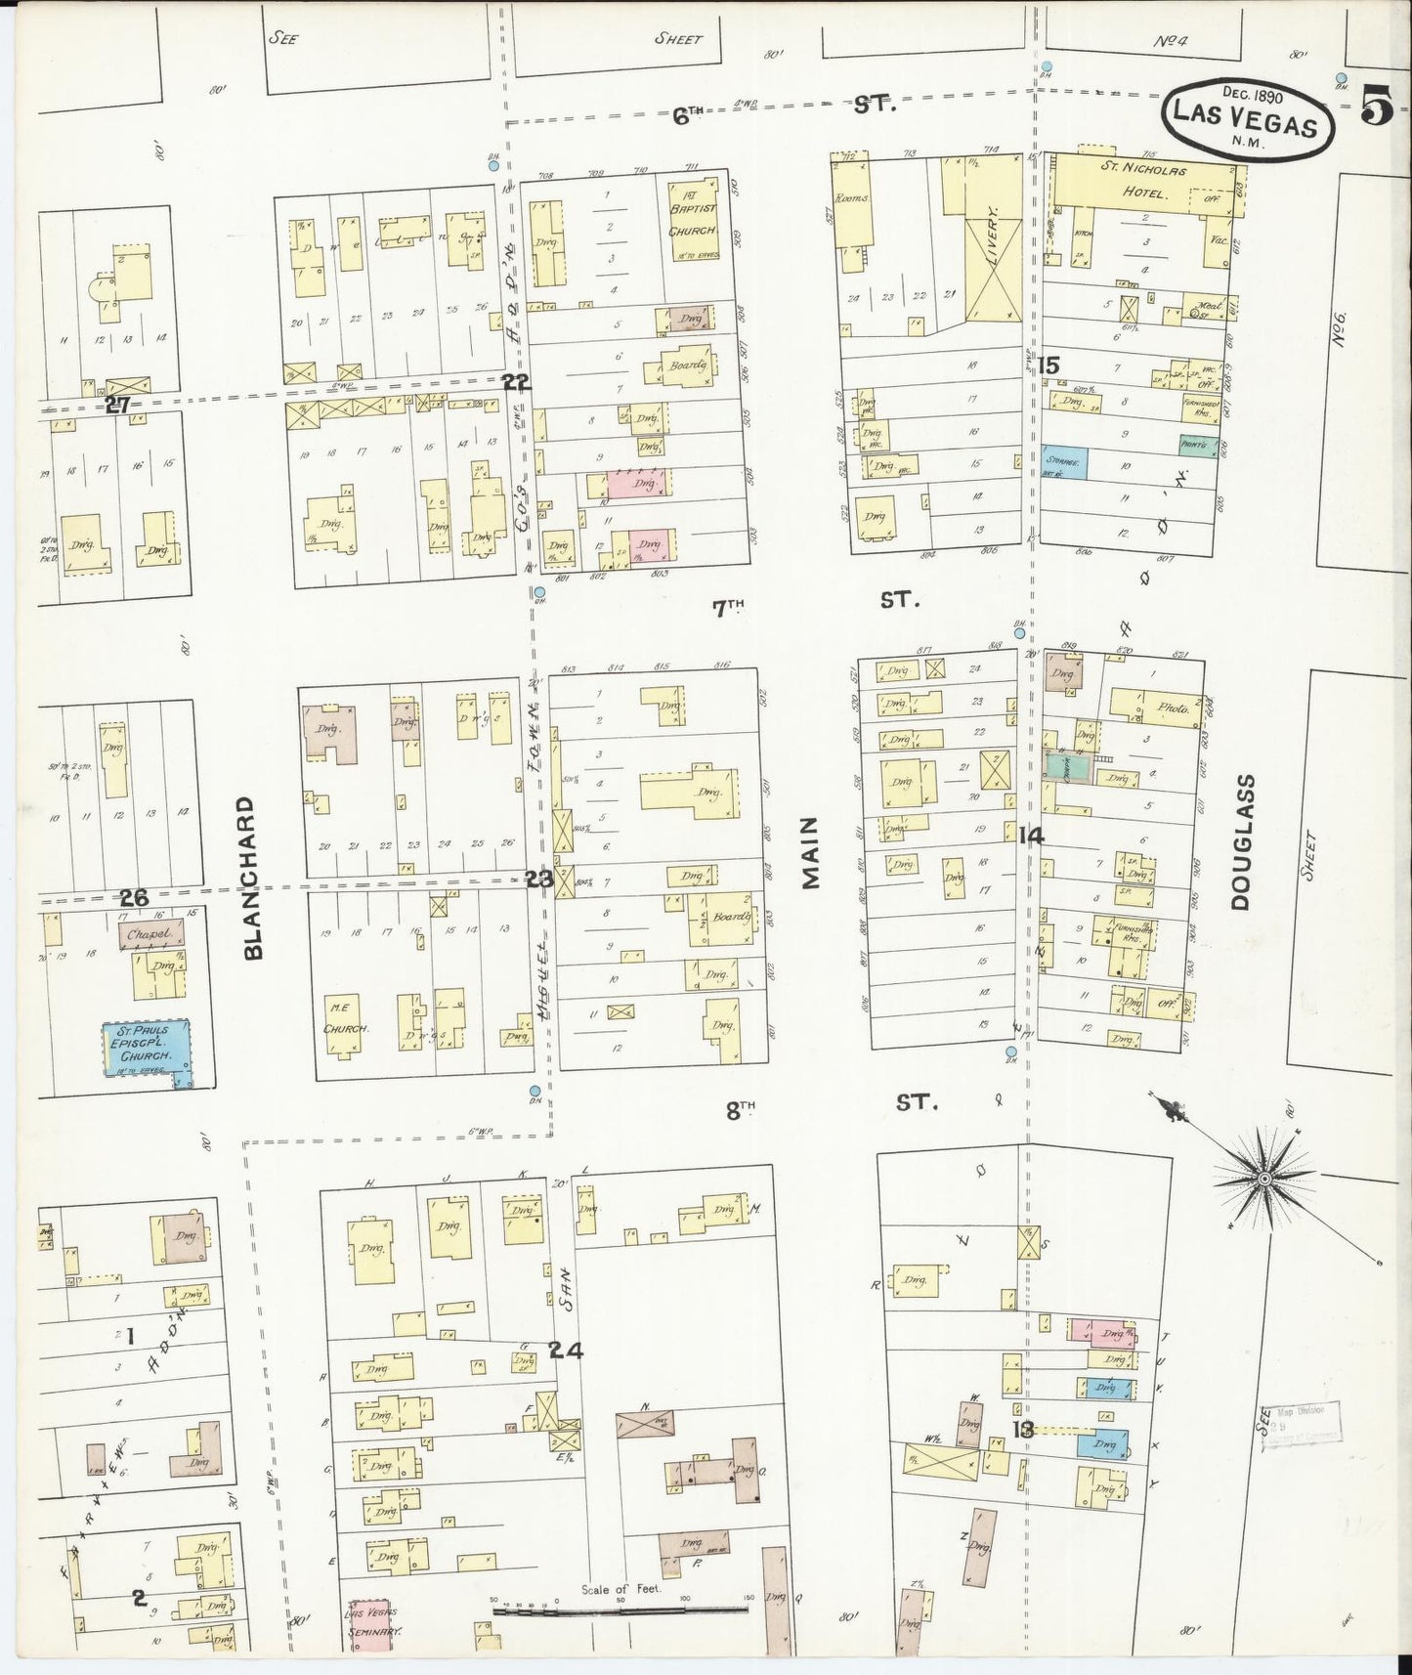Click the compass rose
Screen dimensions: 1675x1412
tap(1263, 1180)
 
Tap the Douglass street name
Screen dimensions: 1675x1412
tap(1242, 842)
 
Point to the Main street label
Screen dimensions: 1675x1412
tap(810, 854)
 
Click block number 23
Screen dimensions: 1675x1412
tap(538, 879)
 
